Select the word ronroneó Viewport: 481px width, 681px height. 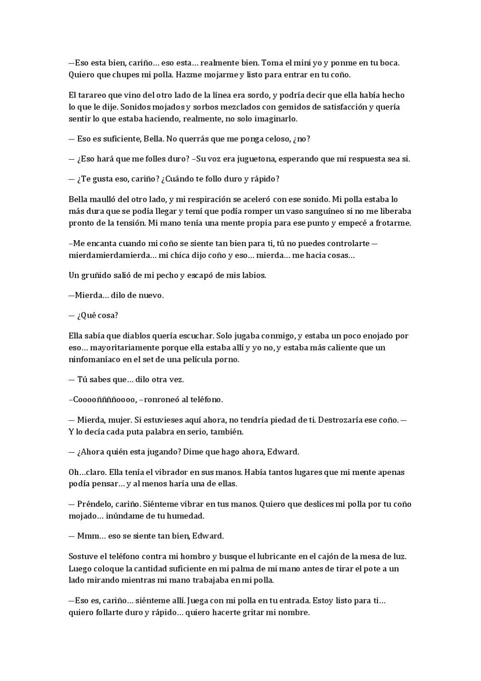pos(164,400)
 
